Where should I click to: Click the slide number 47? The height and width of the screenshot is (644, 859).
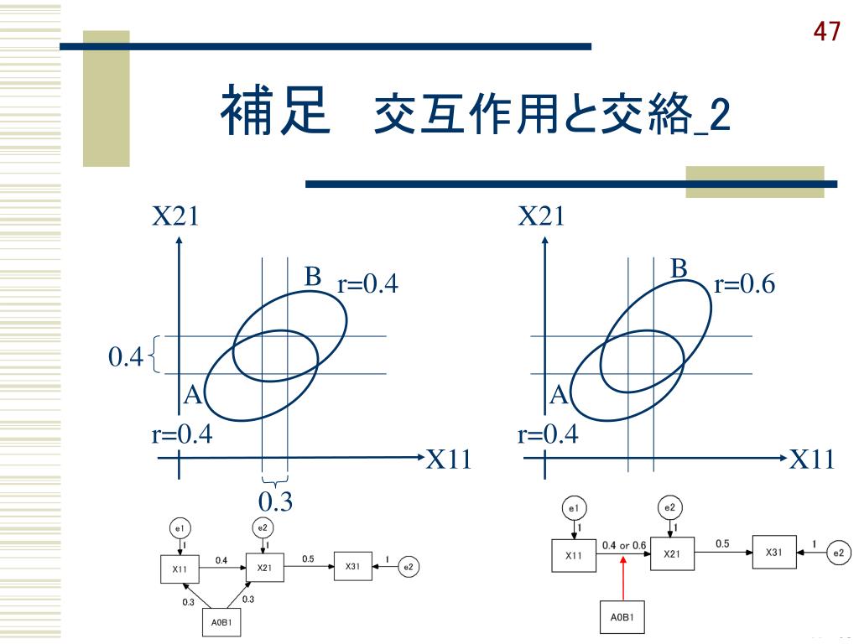826,32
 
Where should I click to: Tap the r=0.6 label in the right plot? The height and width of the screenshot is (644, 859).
745,285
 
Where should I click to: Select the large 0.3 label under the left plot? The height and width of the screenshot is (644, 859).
275,501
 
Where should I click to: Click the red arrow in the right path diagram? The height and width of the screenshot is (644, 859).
623,579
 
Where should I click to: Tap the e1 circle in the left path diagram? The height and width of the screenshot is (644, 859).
180,527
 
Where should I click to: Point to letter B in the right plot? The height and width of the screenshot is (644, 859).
679,268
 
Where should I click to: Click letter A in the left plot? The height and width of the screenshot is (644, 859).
193,395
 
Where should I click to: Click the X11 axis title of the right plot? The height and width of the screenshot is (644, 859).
812,459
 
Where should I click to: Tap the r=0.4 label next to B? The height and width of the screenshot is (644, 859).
367,285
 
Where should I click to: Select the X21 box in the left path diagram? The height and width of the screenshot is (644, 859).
265,568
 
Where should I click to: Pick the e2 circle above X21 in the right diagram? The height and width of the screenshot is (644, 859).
670,507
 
